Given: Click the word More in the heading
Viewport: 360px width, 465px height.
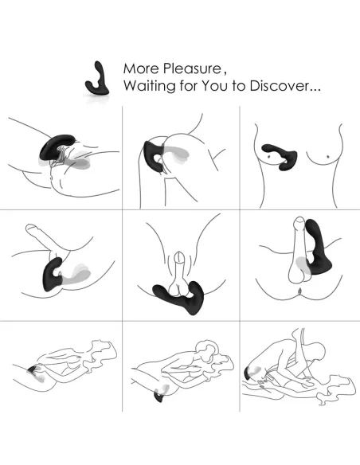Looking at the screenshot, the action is [x=141, y=68].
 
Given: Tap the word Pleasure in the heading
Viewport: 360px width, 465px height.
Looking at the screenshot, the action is [x=193, y=68].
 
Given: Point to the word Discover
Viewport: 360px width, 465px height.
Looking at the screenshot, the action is [x=280, y=86].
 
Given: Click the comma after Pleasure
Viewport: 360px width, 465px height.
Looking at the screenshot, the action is [x=225, y=73].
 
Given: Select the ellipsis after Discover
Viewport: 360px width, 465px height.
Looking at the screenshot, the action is [x=315, y=90].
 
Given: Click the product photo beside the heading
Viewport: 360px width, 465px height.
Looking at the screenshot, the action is [x=98, y=80].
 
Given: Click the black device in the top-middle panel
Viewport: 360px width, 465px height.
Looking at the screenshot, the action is [x=152, y=154].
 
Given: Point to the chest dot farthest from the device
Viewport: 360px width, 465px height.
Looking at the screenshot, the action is [x=327, y=156].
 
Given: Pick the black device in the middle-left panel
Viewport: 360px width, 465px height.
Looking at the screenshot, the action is [x=53, y=275].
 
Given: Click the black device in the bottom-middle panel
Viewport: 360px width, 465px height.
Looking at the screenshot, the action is [x=159, y=397].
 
